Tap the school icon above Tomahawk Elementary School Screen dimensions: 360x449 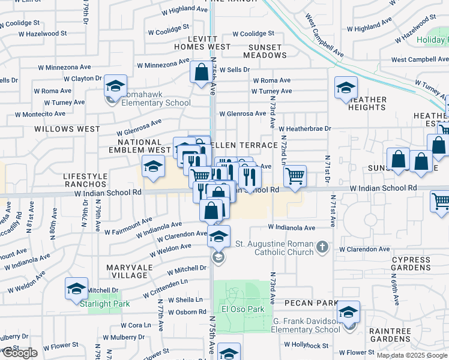tap(115, 86)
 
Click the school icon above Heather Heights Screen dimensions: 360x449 tap(346, 88)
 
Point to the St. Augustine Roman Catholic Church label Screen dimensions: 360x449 tap(274, 248)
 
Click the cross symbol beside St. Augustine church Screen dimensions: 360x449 tap(322, 246)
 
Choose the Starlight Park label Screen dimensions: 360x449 tap(100, 303)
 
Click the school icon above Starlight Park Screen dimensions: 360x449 tap(76, 289)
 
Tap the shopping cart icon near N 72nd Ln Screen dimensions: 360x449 tap(294, 176)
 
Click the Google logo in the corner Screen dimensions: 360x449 tap(20, 353)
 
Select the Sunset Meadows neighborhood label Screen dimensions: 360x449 tap(265, 51)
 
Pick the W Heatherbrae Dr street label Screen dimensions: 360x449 tap(305, 128)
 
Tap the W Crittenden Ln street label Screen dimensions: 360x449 tap(165, 289)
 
